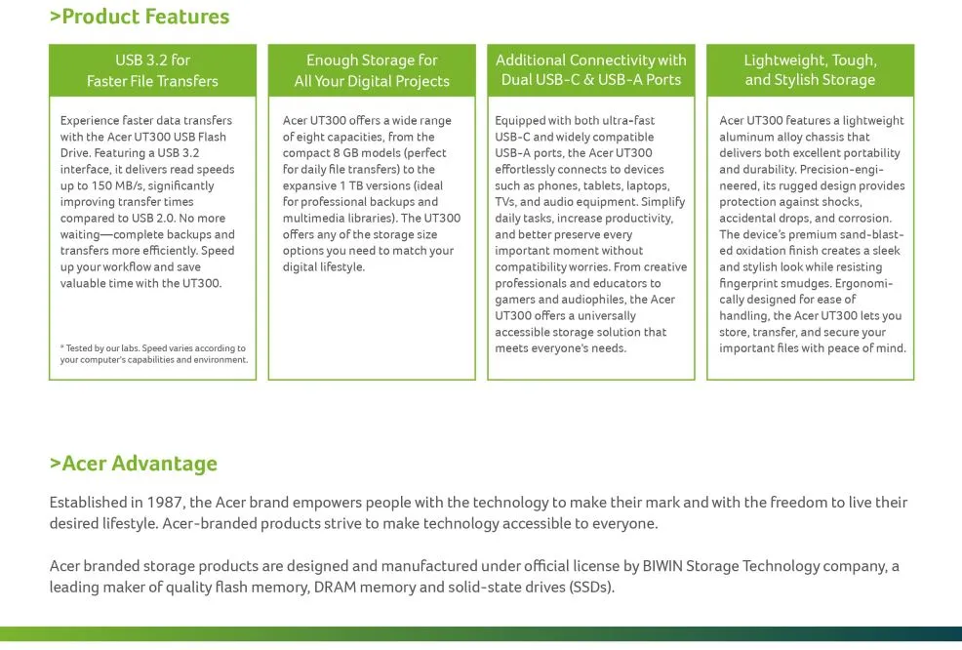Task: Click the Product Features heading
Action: click(x=140, y=17)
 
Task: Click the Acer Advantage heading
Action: click(x=134, y=464)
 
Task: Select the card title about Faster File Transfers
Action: click(x=152, y=70)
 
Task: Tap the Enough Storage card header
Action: click(x=372, y=70)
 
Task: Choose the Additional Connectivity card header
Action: click(x=591, y=69)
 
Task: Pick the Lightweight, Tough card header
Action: click(x=810, y=69)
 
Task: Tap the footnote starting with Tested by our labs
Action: click(x=153, y=353)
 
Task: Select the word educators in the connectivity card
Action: click(x=621, y=283)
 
